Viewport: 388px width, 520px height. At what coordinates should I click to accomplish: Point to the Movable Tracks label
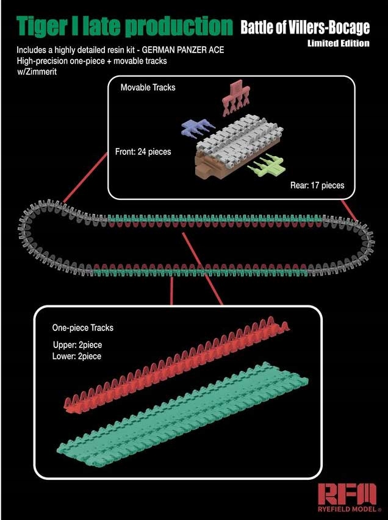pos(148,88)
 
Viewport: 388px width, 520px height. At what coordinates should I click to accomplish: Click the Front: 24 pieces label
pos(143,151)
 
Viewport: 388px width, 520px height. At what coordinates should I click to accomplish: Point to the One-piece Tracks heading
pos(83,328)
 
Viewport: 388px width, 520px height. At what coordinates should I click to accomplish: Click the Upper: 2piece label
pos(77,346)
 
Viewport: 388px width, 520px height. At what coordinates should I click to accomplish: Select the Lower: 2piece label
pos(77,356)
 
